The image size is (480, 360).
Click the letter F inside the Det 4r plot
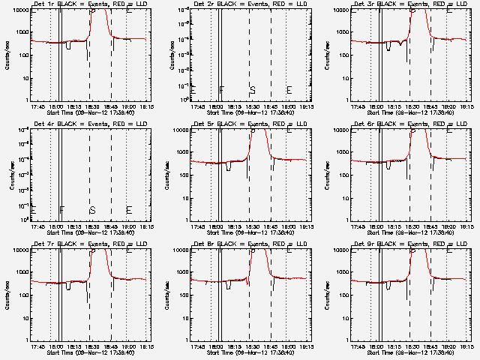62,209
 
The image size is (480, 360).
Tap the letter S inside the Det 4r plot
92,209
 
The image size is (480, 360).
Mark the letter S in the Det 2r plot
253,89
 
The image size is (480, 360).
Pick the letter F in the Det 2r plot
222,89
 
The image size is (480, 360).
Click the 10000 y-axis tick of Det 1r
19,11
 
